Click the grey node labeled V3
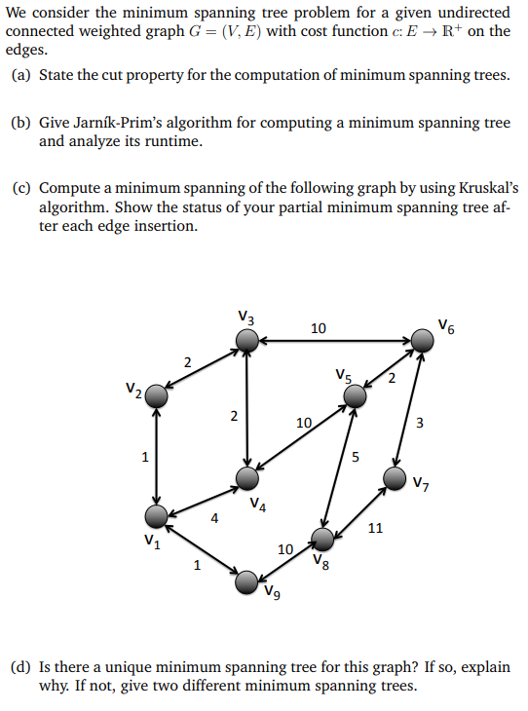pos(248,339)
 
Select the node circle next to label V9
pos(248,581)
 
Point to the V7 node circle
pos(395,477)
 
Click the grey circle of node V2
pos(156,396)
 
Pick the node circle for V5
pos(355,395)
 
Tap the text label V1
pos(150,542)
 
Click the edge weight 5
pos(356,456)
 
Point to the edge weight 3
pos(420,423)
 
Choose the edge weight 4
pos(214,519)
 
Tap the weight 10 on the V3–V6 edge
pos(319,328)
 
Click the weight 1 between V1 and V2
pos(144,455)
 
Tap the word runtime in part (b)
pos(173,141)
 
